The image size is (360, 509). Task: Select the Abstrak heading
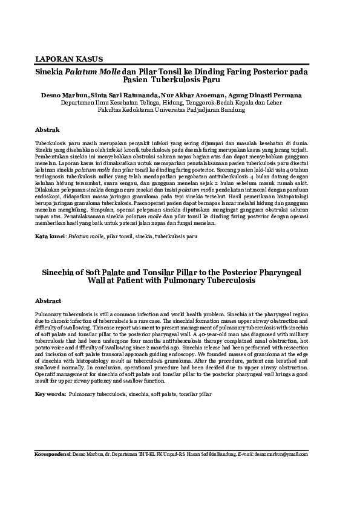[x=47, y=130]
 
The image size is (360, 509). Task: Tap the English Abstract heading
[x=48, y=300]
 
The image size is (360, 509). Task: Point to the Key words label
[x=50, y=394]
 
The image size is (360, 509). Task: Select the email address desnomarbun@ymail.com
[x=281, y=453]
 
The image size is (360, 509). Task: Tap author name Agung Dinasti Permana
[x=268, y=96]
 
